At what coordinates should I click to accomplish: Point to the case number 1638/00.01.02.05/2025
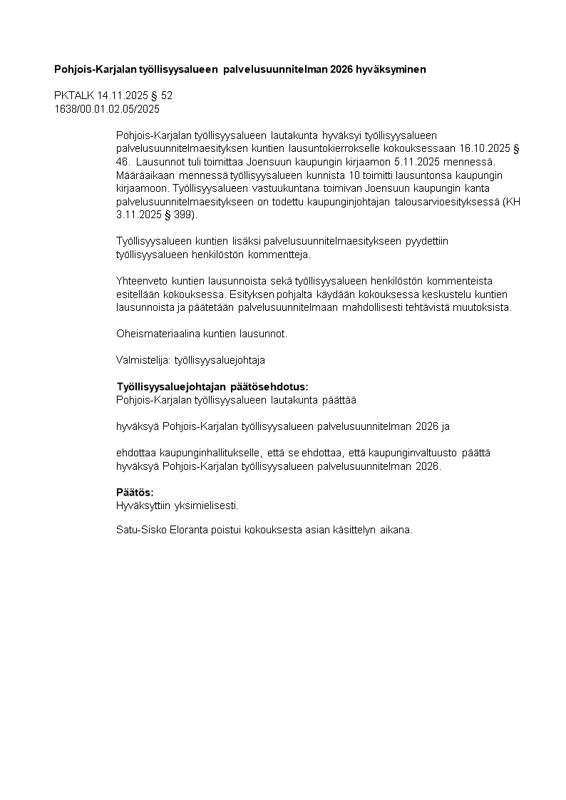tap(107, 109)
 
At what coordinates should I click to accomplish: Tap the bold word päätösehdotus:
tap(271, 386)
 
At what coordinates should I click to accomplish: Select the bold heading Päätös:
tap(135, 493)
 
